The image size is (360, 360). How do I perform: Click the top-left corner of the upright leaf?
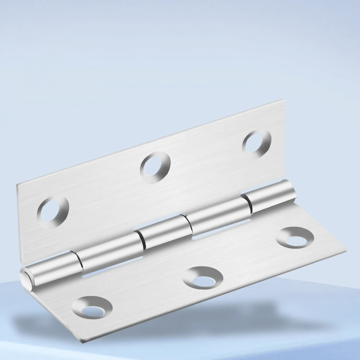[17, 185]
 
